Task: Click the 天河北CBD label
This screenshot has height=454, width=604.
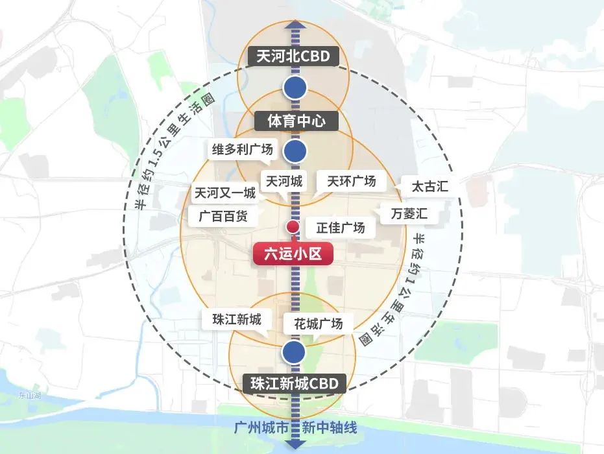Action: click(293, 56)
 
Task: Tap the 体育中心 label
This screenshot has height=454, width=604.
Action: click(295, 120)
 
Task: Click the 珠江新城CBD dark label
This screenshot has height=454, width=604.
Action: click(295, 384)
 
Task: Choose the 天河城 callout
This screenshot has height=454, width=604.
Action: click(283, 182)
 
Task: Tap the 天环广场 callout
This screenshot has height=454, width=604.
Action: click(351, 181)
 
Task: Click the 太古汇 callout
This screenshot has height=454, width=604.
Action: click(429, 187)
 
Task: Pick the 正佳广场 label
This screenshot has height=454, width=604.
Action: click(341, 228)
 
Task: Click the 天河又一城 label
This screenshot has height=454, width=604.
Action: click(224, 193)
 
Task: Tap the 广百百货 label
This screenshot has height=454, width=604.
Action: click(218, 216)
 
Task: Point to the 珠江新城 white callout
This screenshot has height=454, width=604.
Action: click(236, 320)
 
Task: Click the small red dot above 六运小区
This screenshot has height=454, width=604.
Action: click(293, 227)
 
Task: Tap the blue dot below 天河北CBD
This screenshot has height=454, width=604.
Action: click(295, 86)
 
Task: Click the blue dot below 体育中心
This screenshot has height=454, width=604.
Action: click(295, 150)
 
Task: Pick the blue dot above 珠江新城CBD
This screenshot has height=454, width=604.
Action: click(294, 353)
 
